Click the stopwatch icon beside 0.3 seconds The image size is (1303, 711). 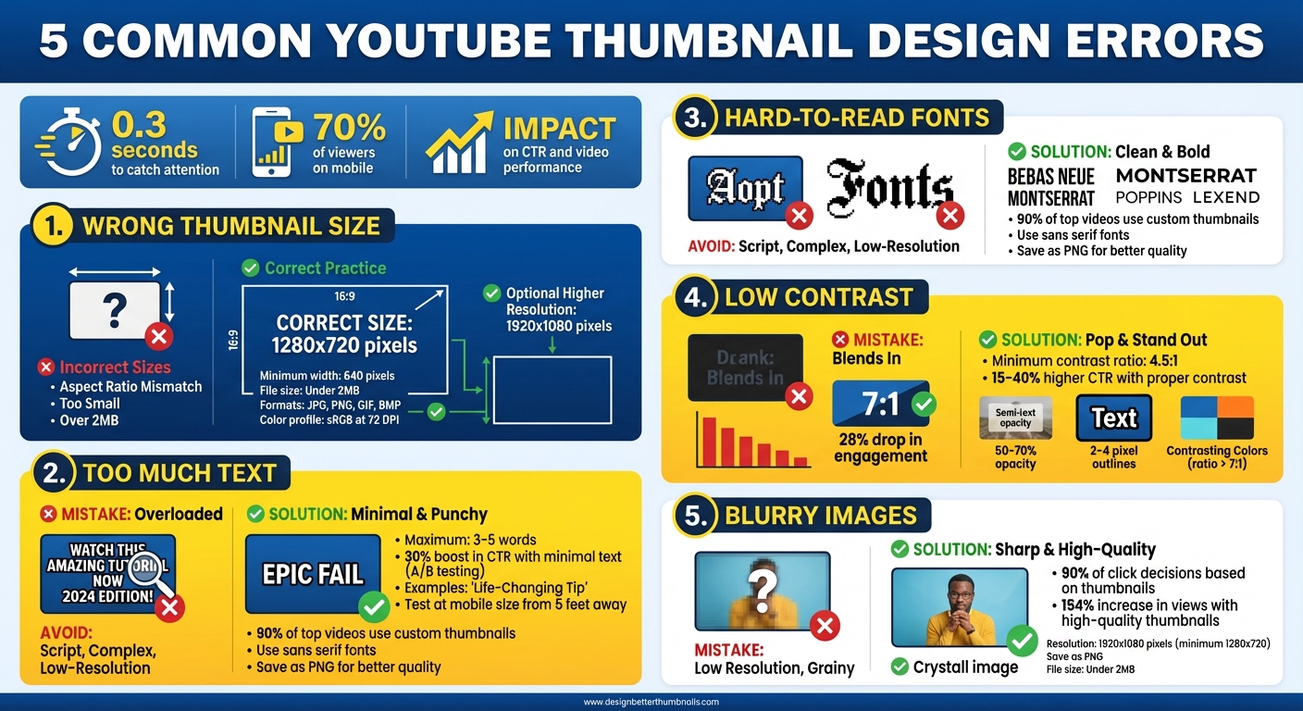pos(71,144)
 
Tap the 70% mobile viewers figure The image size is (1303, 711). pos(349,127)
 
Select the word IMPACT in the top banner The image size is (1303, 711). pos(559,128)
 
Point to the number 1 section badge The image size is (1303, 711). pos(52,225)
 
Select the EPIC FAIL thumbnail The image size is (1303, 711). pos(313,574)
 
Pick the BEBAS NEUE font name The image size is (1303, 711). pos(1050,176)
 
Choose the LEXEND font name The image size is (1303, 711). pos(1226,197)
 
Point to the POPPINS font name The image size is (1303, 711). pos(1148,197)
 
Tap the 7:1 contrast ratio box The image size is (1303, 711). pos(881,404)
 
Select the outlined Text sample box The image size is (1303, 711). pos(1113,418)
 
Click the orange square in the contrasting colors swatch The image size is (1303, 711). pos(1235,406)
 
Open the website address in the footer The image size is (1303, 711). pos(651,702)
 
